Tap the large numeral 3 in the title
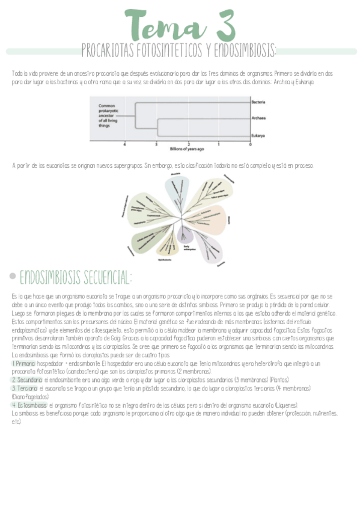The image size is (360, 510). (x=221, y=25)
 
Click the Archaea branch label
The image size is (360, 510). (x=258, y=118)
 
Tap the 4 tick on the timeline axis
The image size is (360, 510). (x=125, y=144)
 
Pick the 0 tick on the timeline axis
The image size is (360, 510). (x=250, y=144)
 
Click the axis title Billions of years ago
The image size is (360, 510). (x=187, y=149)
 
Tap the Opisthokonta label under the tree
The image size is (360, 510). (x=165, y=260)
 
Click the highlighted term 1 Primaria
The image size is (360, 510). (x=23, y=364)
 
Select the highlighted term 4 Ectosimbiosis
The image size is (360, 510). (x=29, y=405)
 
